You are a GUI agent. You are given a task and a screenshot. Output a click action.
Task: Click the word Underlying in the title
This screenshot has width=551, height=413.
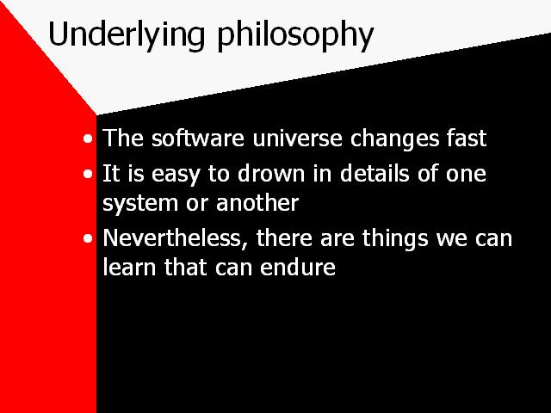click(127, 35)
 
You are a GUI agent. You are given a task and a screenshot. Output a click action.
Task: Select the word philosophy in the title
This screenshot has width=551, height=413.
click(295, 35)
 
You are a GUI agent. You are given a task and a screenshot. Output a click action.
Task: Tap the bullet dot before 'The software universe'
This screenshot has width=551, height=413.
click(88, 139)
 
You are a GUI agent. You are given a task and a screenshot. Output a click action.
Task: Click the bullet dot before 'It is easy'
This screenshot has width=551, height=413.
click(88, 174)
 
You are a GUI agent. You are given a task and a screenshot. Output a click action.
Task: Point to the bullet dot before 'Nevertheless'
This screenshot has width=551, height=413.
click(88, 239)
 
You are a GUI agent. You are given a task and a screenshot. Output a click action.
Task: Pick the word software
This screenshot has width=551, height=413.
click(197, 138)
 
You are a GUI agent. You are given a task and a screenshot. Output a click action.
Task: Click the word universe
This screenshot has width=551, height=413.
click(297, 138)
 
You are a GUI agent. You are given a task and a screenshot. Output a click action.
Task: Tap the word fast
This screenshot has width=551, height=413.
click(467, 138)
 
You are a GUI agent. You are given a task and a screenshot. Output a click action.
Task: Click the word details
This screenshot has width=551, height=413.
click(375, 173)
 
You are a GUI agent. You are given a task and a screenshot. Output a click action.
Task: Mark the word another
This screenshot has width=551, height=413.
click(257, 203)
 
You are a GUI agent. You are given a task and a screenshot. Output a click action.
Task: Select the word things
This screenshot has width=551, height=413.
click(395, 239)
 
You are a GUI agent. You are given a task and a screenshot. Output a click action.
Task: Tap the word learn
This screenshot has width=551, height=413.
click(129, 268)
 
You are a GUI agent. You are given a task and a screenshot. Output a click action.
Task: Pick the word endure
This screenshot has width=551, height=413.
click(298, 268)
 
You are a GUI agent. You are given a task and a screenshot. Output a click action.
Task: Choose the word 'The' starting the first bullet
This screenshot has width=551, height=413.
click(122, 138)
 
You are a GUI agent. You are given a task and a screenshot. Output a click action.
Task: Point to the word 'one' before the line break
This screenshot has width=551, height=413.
click(467, 175)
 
